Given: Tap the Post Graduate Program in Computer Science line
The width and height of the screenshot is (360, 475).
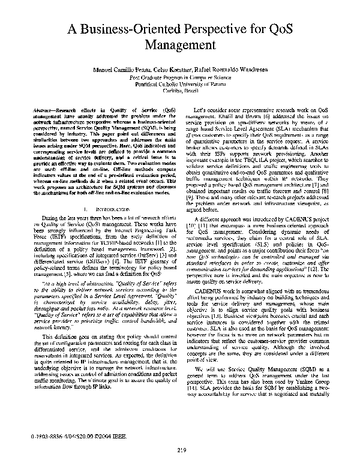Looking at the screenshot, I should point(180,78).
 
